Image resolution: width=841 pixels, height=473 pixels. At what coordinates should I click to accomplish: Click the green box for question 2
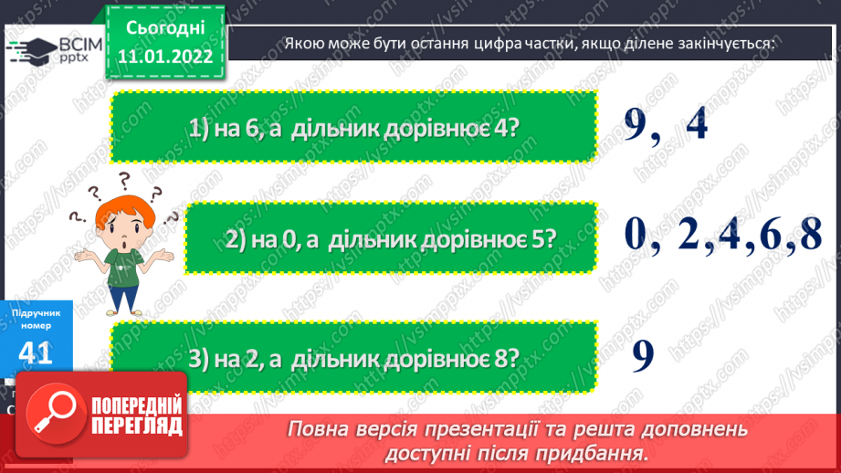tap(390, 239)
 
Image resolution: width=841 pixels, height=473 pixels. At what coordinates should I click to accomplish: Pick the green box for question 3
tap(353, 357)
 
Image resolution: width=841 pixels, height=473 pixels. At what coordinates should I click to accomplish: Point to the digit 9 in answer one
tap(638, 123)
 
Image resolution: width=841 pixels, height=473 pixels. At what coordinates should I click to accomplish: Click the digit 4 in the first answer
tap(697, 123)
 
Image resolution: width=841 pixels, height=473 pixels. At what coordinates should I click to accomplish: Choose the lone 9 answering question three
tap(643, 355)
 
